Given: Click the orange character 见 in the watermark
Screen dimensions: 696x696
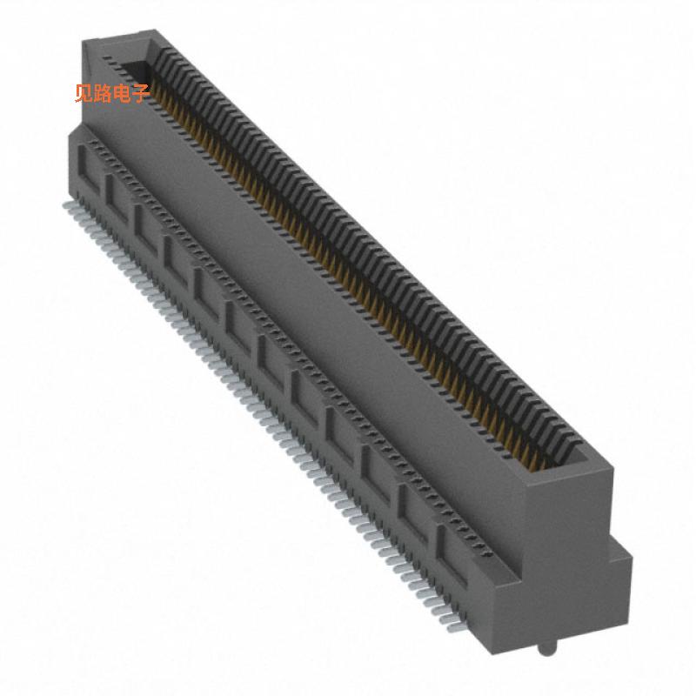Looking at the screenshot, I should (x=84, y=93).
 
